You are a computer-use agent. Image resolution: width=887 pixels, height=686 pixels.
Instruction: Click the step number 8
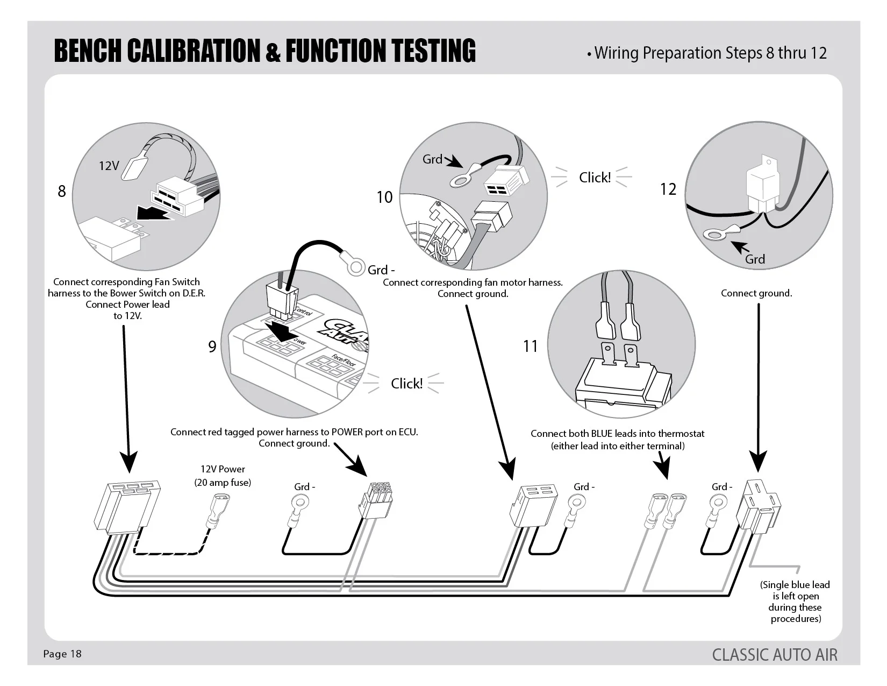62,191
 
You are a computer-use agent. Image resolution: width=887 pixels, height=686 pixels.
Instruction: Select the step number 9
212,346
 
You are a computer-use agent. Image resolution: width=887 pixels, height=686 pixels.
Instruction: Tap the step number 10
384,197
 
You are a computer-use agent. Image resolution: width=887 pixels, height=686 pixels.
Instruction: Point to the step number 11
531,346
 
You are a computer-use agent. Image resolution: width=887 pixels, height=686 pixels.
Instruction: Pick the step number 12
668,189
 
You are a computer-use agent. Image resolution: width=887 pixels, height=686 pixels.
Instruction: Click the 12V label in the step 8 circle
109,166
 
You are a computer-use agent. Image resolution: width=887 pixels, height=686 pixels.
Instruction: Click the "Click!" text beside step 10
595,178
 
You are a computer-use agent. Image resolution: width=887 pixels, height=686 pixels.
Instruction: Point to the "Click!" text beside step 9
406,384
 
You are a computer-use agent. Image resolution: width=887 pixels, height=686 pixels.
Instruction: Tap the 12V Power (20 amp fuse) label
223,476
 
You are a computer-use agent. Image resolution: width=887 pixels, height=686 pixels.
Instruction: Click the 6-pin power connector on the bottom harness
376,500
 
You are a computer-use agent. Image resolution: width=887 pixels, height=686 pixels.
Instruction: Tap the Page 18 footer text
62,654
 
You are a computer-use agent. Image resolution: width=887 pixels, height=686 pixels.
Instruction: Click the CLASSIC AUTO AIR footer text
775,655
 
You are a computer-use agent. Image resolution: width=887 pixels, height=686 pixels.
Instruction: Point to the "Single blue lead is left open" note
795,602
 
